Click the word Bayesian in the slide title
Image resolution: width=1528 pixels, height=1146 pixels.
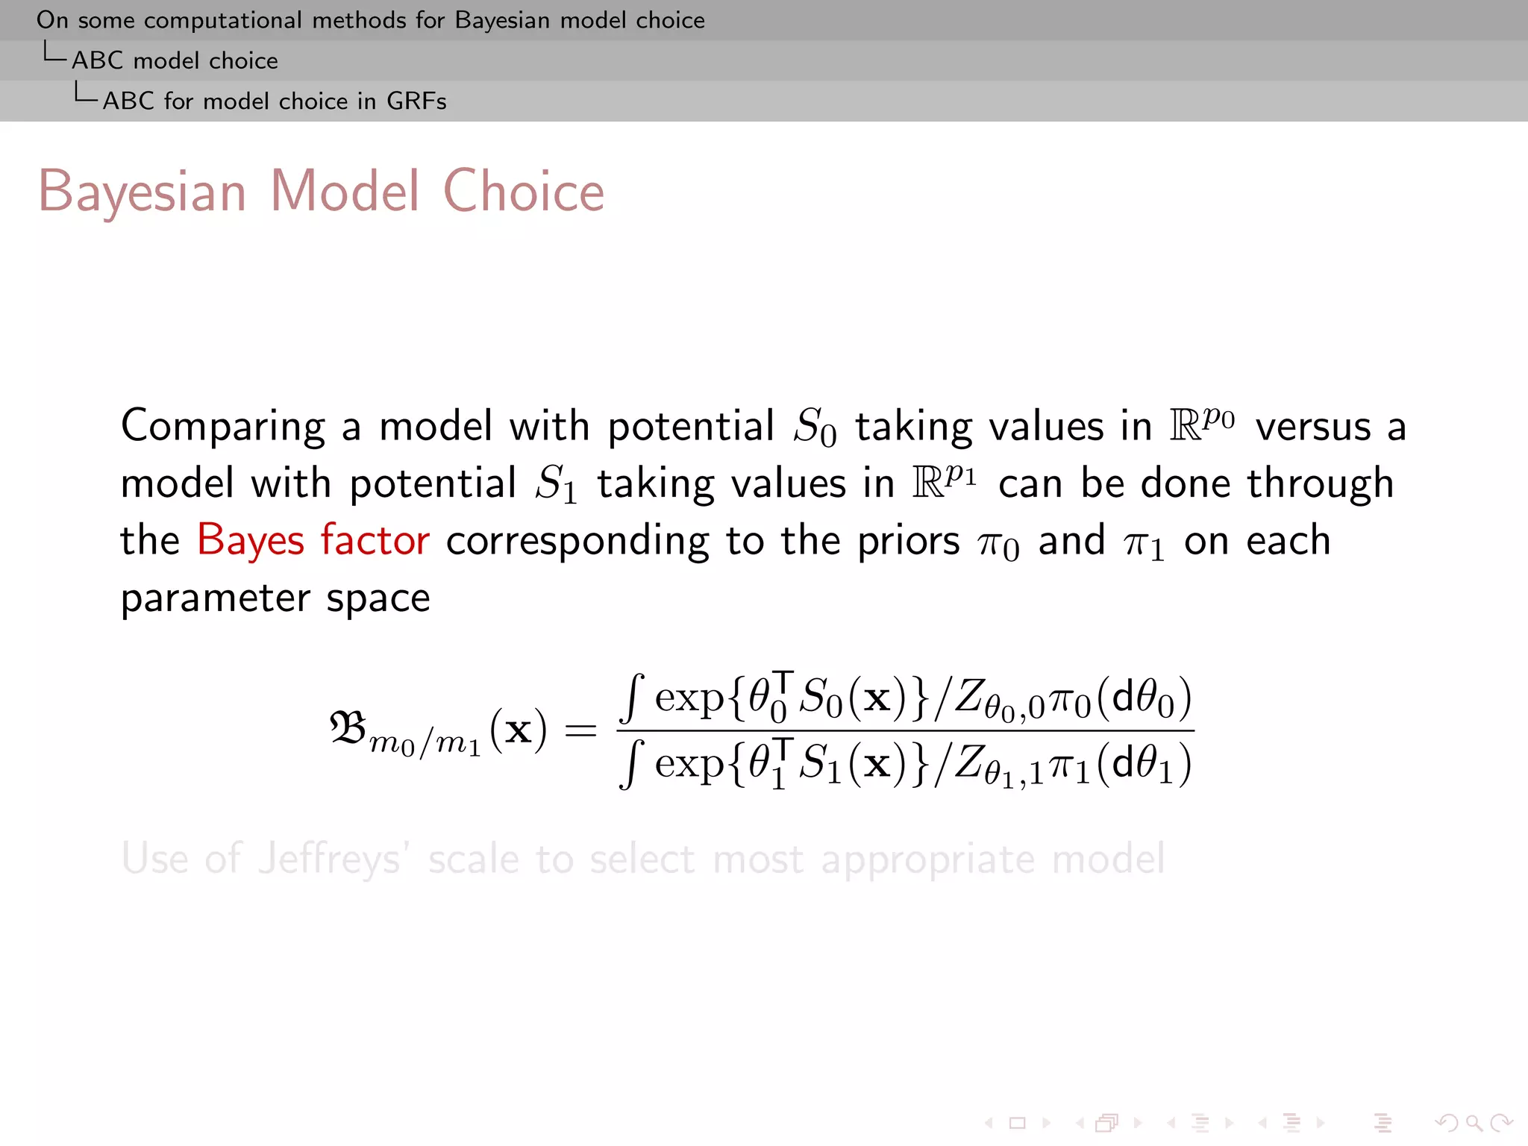[142, 192]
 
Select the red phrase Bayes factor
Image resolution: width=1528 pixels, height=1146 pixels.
[313, 540]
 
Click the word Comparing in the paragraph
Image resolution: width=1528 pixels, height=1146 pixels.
[222, 427]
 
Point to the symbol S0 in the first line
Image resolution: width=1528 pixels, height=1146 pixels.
[814, 428]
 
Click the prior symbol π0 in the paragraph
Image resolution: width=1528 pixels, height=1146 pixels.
[998, 543]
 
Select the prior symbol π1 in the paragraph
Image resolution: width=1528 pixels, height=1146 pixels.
[1143, 543]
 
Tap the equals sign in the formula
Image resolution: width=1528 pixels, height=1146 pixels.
[580, 730]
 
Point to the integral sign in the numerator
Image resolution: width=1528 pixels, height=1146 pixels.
[632, 698]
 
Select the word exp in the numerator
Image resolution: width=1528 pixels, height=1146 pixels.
[689, 698]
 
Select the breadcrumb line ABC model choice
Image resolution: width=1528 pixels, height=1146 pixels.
[175, 60]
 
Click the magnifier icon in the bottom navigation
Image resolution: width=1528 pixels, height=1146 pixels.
[1474, 1122]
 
